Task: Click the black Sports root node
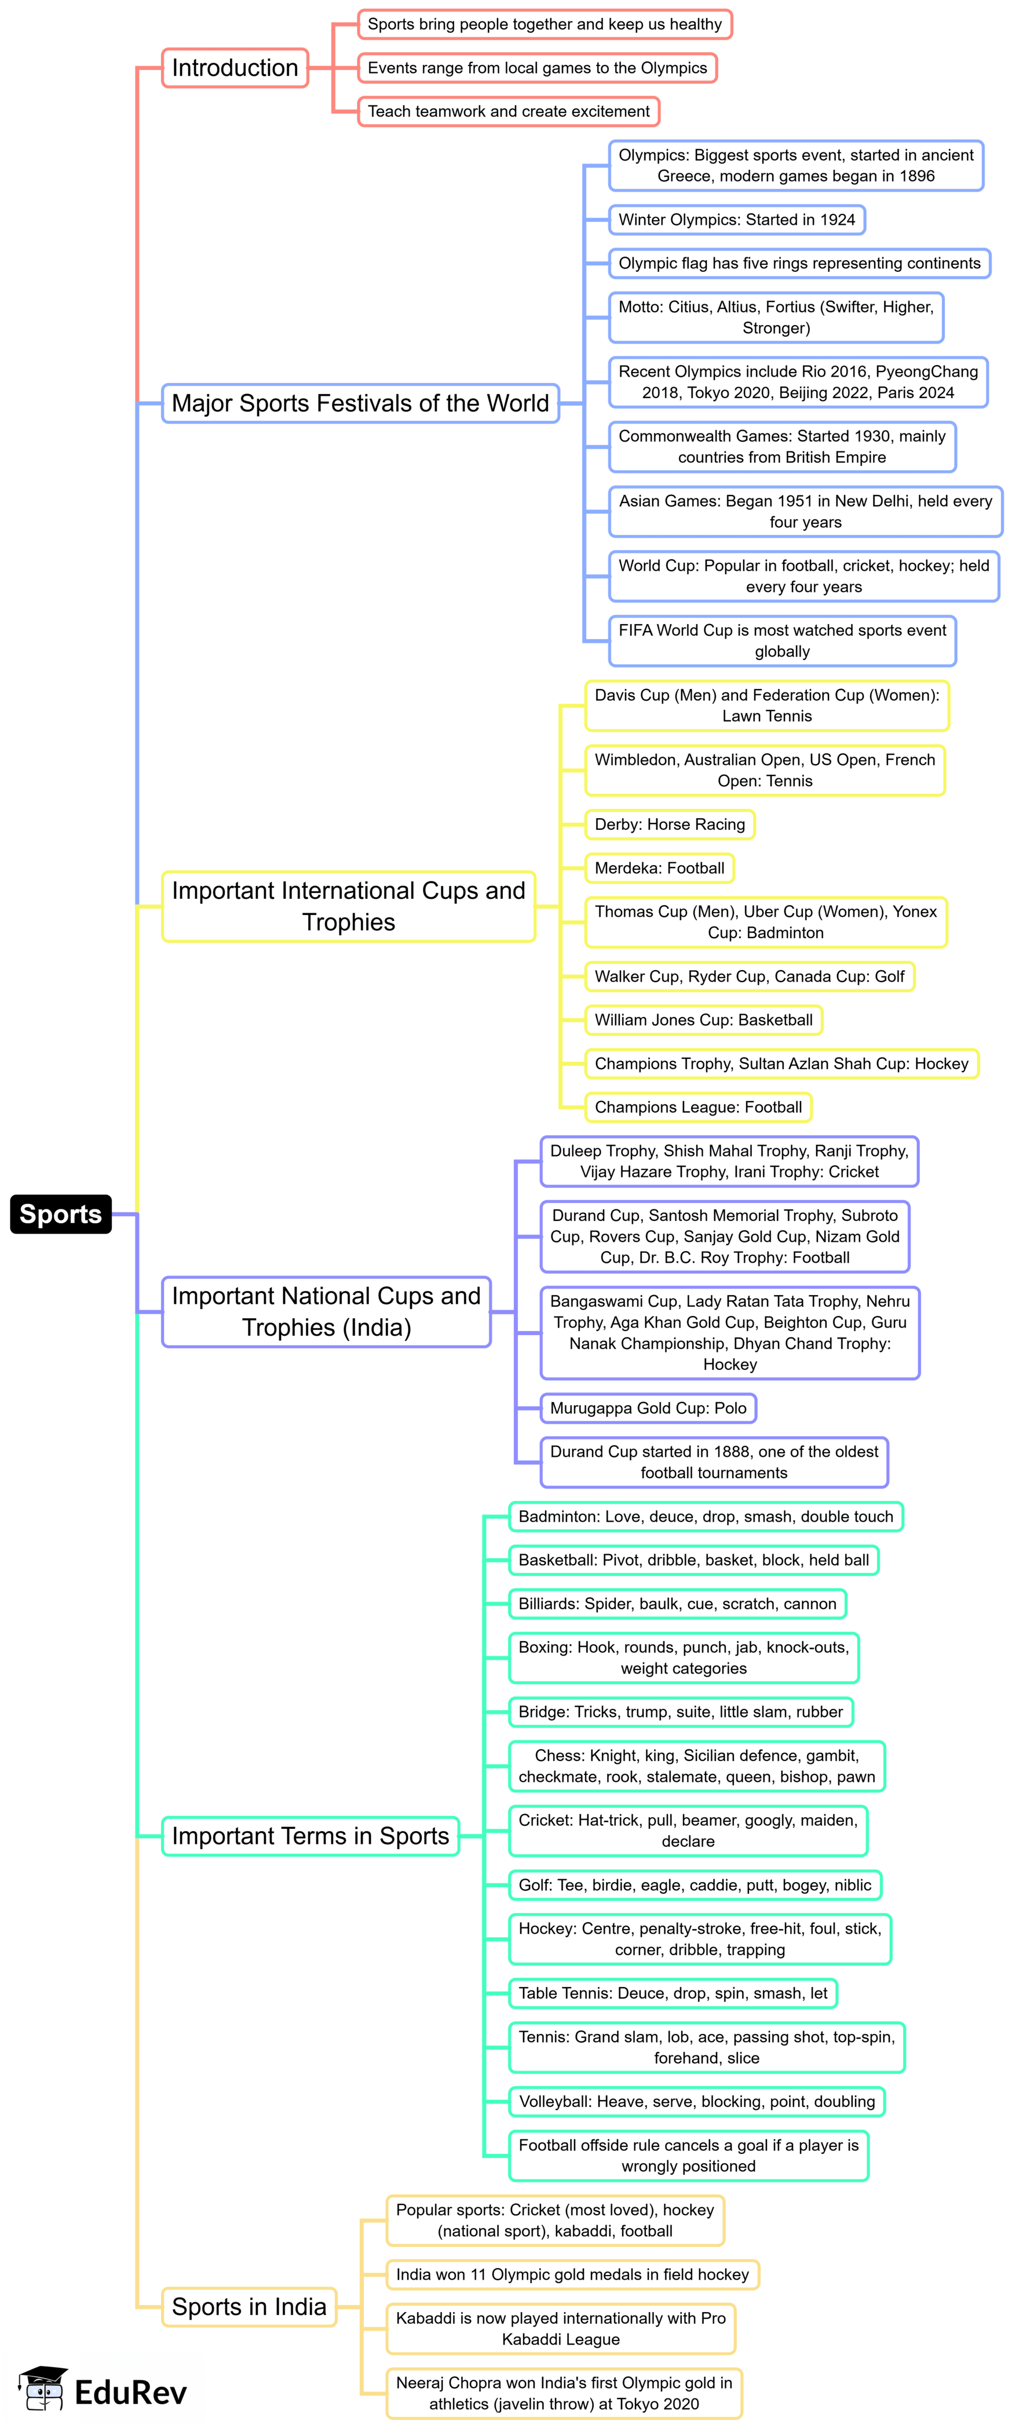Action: coord(60,1214)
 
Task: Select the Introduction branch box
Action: coord(235,68)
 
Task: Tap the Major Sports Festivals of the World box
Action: coord(360,403)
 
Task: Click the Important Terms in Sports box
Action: coord(310,1836)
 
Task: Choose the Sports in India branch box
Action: coord(249,2306)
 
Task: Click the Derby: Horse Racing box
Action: coord(669,825)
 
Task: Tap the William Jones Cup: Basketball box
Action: coord(703,1020)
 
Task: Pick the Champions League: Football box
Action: coord(698,1107)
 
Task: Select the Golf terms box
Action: coord(695,1885)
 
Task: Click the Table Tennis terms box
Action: coord(673,1993)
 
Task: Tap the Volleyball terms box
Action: coord(696,2102)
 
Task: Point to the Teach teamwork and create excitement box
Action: coord(508,111)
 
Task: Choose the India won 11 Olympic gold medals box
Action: coord(572,2274)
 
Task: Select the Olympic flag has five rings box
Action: coord(799,263)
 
